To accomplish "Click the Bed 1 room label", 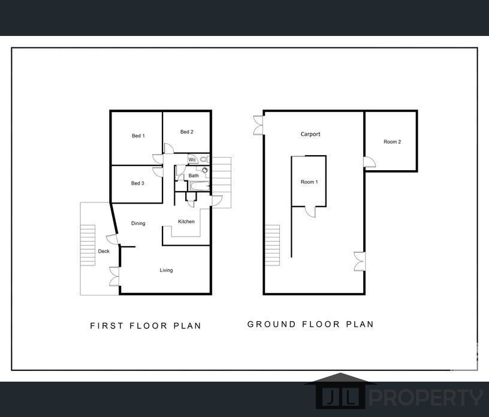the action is coord(138,135).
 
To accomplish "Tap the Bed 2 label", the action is coord(187,132).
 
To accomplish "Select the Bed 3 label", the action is coord(138,183).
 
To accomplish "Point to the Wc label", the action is coord(192,160).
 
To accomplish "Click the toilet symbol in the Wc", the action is coord(204,159).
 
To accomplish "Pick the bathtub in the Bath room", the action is coord(200,186).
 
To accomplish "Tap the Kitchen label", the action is coord(186,222).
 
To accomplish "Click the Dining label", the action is coord(138,223).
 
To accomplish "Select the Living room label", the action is coord(166,270).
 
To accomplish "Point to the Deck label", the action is coord(104,251).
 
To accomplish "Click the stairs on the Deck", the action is coord(87,245).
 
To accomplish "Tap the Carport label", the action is coord(310,134).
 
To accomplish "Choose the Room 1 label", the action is coord(309,182).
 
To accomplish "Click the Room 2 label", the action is coord(393,141).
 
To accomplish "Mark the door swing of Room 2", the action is coord(370,162).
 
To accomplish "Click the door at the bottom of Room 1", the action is coord(310,212).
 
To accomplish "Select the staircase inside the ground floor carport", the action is coord(272,245).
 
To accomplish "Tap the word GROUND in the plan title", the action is coord(271,324).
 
